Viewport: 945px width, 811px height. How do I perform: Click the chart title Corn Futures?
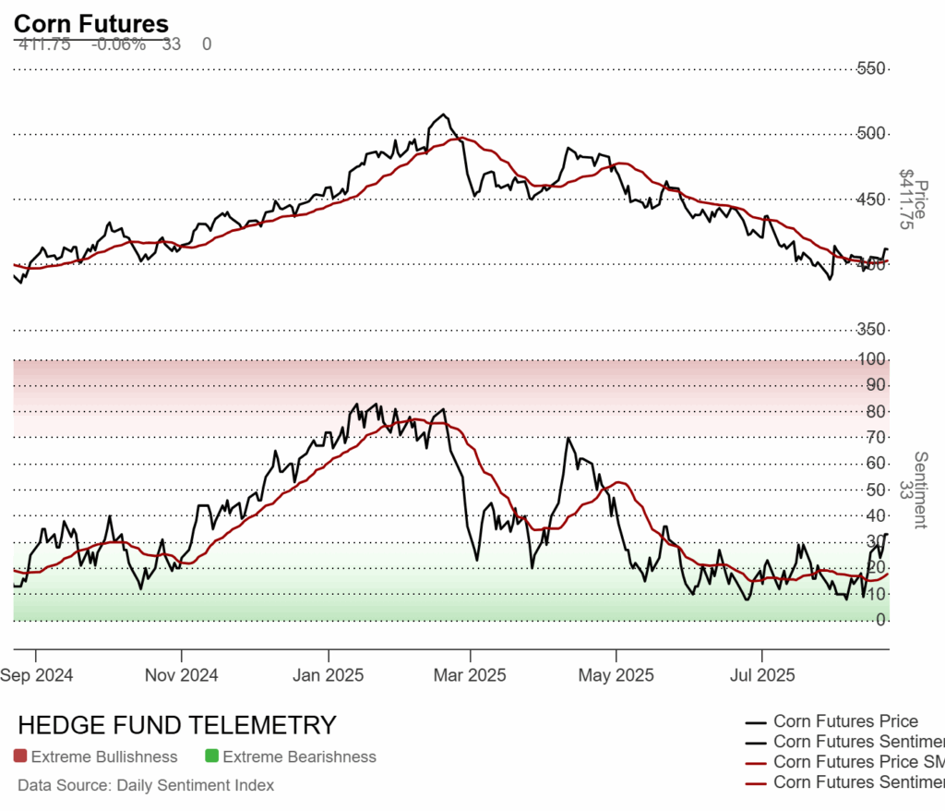point(91,24)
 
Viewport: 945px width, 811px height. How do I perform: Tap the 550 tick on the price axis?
point(872,69)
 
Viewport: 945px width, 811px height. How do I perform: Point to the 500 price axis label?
point(872,135)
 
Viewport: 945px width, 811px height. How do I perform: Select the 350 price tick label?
point(872,330)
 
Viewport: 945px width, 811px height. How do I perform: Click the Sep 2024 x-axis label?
point(38,675)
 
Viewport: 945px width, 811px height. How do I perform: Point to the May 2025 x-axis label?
point(616,675)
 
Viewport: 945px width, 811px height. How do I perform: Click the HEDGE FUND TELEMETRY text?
point(177,725)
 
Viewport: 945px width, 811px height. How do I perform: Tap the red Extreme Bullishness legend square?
point(20,757)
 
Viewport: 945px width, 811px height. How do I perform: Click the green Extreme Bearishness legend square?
point(211,757)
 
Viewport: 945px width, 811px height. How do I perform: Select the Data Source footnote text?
point(146,786)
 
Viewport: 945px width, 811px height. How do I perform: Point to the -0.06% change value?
point(118,44)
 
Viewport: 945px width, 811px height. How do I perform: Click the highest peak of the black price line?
point(445,115)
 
